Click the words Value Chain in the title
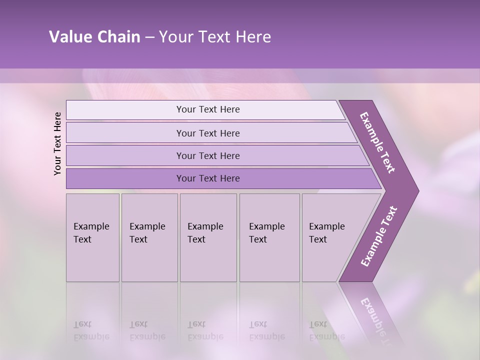[94, 37]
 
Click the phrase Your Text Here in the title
[215, 37]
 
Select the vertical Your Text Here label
[58, 143]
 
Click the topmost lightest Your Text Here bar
[208, 109]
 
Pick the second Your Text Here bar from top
[208, 133]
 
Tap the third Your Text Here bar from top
[208, 155]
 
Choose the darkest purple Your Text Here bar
[208, 178]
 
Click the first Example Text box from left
[92, 237]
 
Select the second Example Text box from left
[149, 237]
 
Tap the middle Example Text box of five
[208, 237]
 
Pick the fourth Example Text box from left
[269, 237]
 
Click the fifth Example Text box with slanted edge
[327, 237]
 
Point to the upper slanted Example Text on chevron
[377, 142]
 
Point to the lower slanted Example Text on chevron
[378, 236]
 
